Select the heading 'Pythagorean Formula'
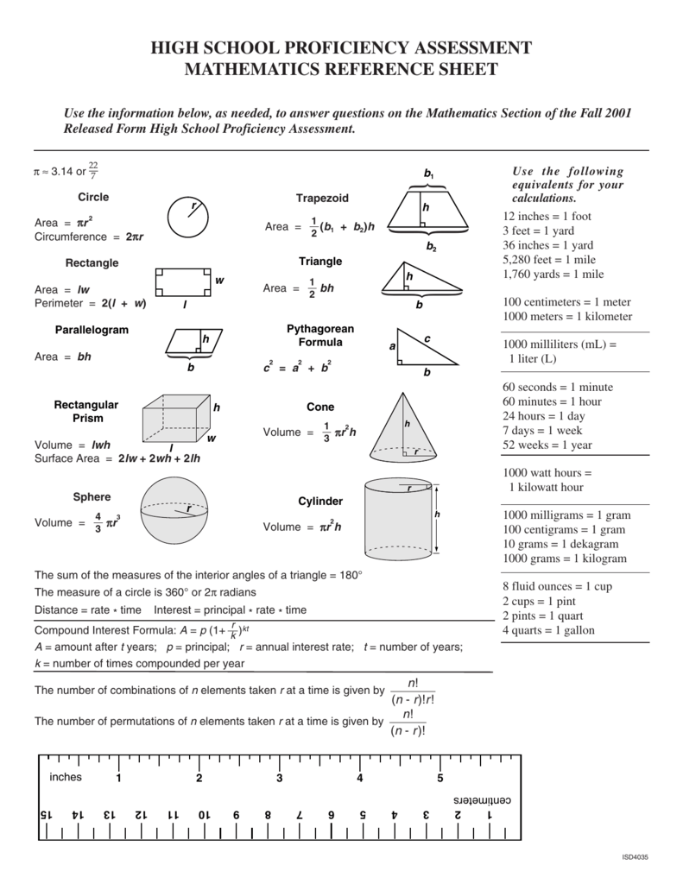pos(319,336)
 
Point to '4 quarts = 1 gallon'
pos(548,630)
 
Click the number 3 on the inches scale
pos(279,778)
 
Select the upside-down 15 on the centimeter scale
pos(46,815)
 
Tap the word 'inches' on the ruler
pos(65,777)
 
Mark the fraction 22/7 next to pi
pos(93,170)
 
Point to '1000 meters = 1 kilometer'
pos(567,317)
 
